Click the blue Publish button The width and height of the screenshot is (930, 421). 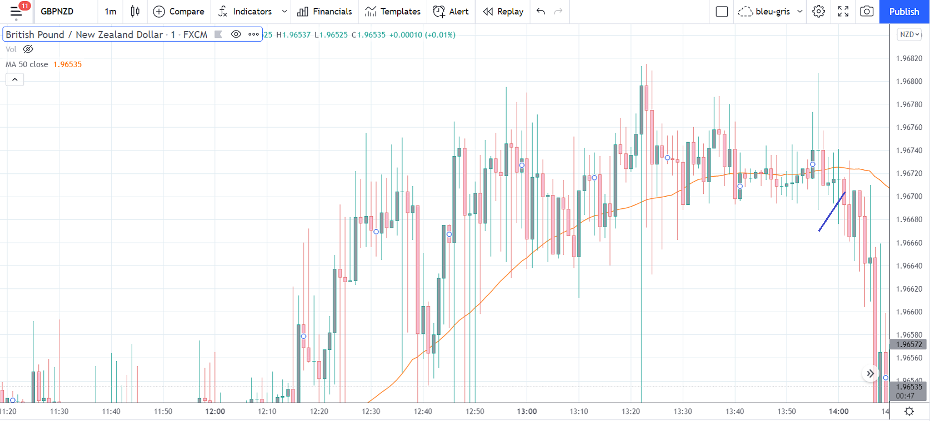[904, 12]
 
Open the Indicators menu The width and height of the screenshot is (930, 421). [246, 12]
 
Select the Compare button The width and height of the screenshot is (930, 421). [179, 12]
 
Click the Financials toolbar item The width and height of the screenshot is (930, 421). [325, 12]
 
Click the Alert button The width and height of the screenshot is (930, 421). [451, 12]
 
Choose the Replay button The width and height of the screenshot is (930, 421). [503, 12]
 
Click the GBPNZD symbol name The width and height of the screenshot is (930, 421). [57, 12]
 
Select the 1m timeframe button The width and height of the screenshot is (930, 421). [111, 12]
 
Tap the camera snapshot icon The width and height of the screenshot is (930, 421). [867, 12]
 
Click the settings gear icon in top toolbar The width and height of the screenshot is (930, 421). [818, 12]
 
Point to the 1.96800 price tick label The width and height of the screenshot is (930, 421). [909, 82]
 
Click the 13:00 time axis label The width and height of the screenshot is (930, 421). [527, 412]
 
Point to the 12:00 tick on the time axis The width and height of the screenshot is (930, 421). [215, 412]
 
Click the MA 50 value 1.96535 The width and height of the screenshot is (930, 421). [67, 64]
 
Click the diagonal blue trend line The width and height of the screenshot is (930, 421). [832, 212]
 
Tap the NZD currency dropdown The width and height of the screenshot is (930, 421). [909, 34]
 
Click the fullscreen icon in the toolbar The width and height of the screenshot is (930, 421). [843, 12]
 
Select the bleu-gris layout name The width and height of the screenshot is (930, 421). [772, 12]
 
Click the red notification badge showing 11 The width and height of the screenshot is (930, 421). [24, 6]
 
